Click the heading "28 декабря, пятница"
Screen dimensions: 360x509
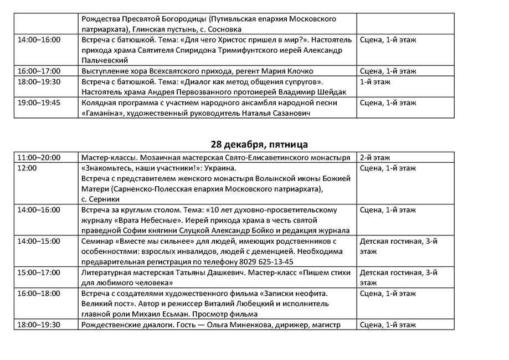pyautogui.click(x=259, y=145)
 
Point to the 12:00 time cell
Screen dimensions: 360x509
pyautogui.click(x=28, y=168)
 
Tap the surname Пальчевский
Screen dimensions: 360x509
pyautogui.click(x=105, y=60)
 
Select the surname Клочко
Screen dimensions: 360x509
pyautogui.click(x=299, y=71)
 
